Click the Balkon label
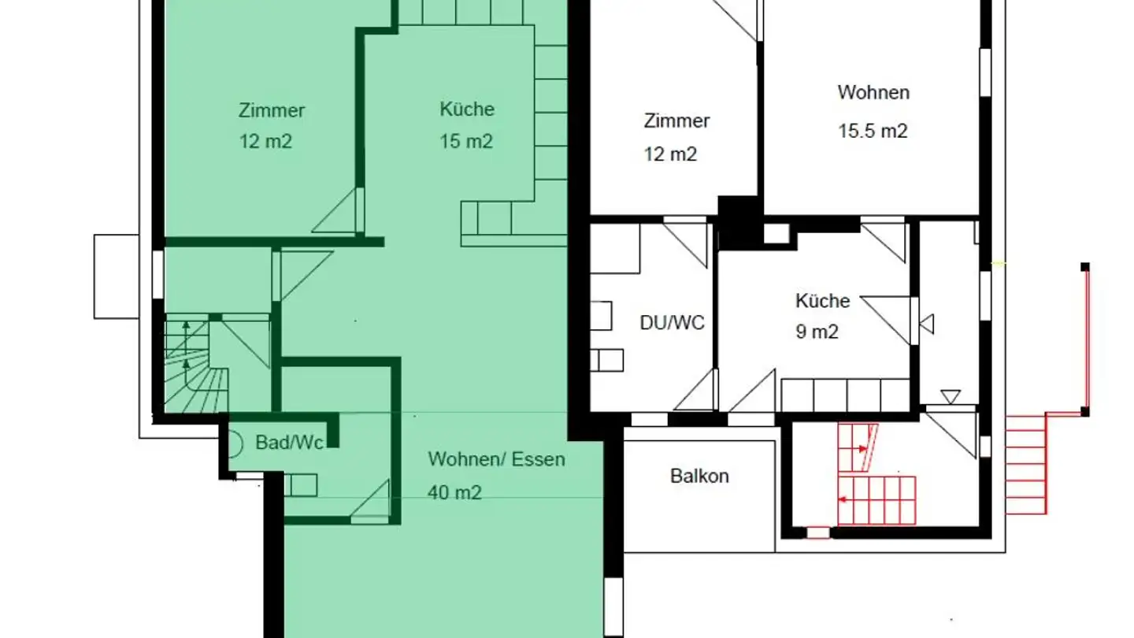point(699,476)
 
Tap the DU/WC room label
point(672,322)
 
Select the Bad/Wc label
point(290,443)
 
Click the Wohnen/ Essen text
point(496,459)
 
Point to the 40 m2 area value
point(454,492)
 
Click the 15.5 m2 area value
point(873,131)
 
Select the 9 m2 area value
point(817,332)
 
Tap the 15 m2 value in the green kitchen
point(466,142)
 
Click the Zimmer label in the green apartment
point(272,110)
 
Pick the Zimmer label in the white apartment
point(676,121)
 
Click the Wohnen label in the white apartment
point(873,92)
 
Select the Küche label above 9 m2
point(822,301)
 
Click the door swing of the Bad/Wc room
point(372,504)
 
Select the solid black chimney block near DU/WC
point(738,221)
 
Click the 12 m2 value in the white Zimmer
point(670,154)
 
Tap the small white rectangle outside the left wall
point(116,274)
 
